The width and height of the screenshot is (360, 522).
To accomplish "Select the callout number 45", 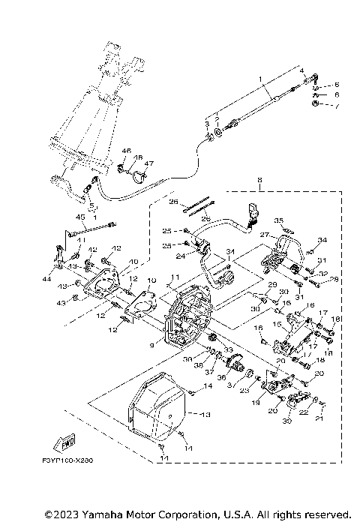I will coord(79,217).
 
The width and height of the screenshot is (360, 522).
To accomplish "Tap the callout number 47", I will coord(148,163).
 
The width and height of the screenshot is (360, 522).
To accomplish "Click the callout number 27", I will coord(264,234).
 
